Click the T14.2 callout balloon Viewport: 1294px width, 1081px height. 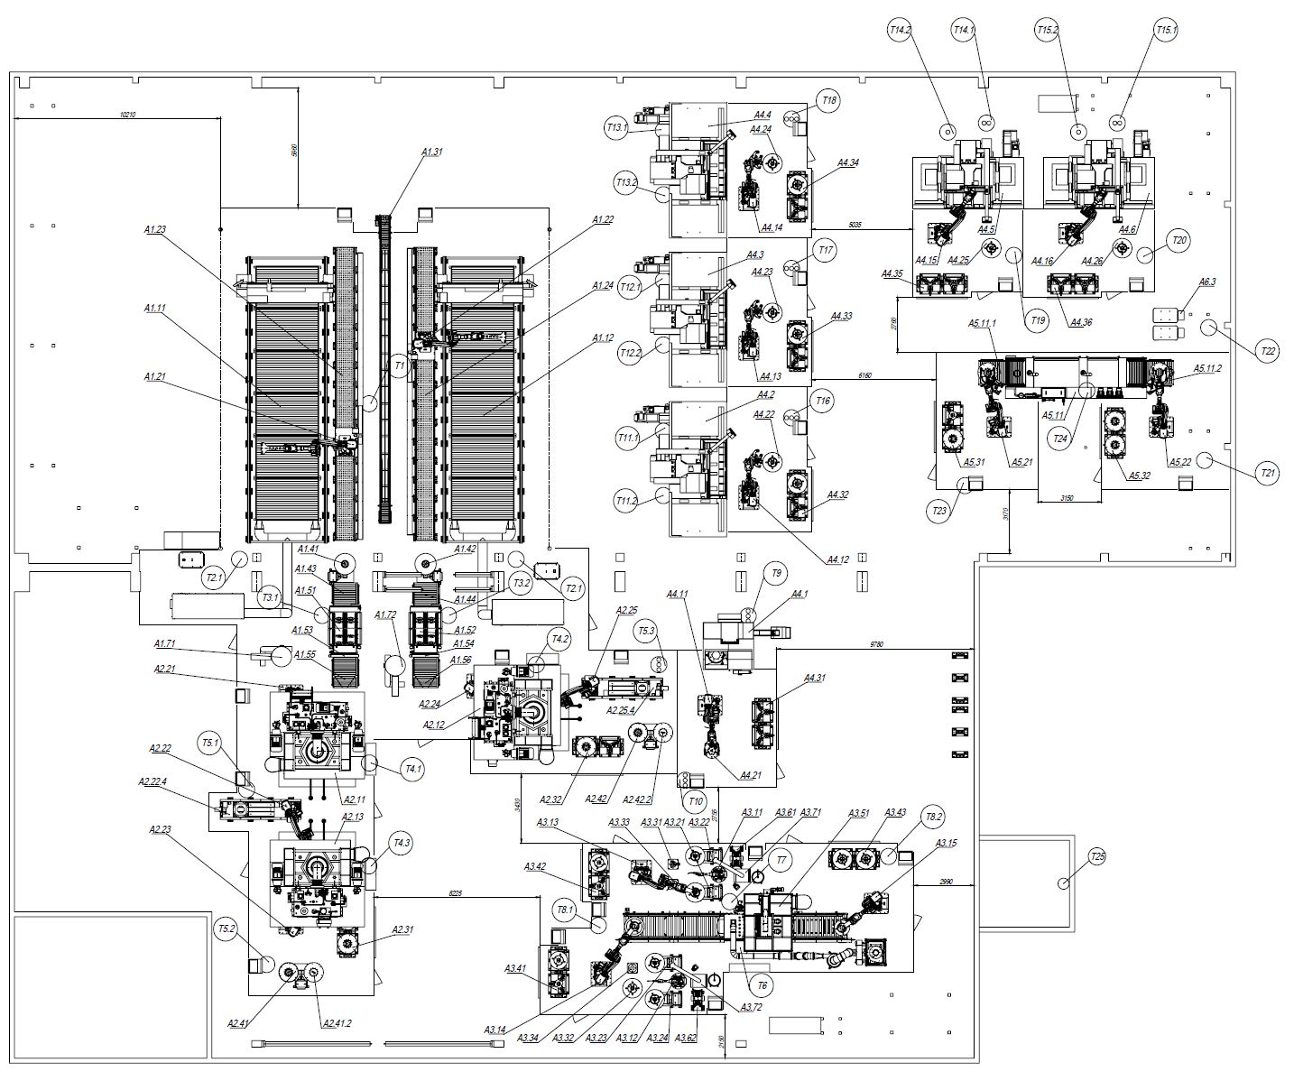[x=900, y=30]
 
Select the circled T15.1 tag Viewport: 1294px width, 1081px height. [x=1167, y=30]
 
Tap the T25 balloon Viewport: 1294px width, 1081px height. [x=1096, y=855]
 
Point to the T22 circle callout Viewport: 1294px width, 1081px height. [x=1269, y=350]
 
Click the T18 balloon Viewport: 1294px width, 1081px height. [x=827, y=101]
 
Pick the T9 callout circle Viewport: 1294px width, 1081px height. [x=774, y=572]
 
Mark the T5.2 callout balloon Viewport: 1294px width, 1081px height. [x=226, y=928]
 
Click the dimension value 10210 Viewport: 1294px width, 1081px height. [x=134, y=115]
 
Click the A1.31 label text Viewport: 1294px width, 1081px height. [x=432, y=152]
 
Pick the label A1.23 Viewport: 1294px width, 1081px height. [x=155, y=230]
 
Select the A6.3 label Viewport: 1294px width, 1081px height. [x=1207, y=282]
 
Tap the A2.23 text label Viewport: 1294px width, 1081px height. [x=161, y=829]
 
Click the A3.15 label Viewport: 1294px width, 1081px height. [x=946, y=843]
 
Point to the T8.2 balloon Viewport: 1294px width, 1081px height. [x=934, y=818]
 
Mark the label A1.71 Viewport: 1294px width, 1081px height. [x=164, y=643]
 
